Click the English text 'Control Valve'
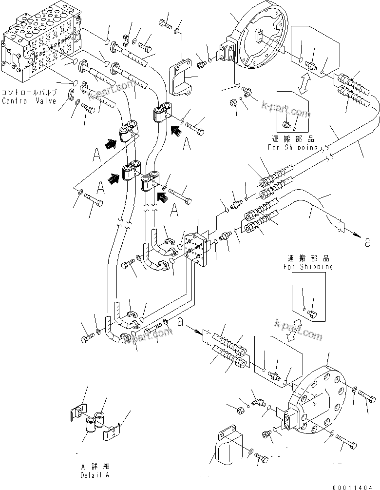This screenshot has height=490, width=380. click(x=29, y=101)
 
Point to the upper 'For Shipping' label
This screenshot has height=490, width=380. click(x=292, y=147)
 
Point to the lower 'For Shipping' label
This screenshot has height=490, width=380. click(x=308, y=267)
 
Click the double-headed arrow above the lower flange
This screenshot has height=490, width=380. click(x=293, y=331)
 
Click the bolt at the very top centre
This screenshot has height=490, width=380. click(x=165, y=22)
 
